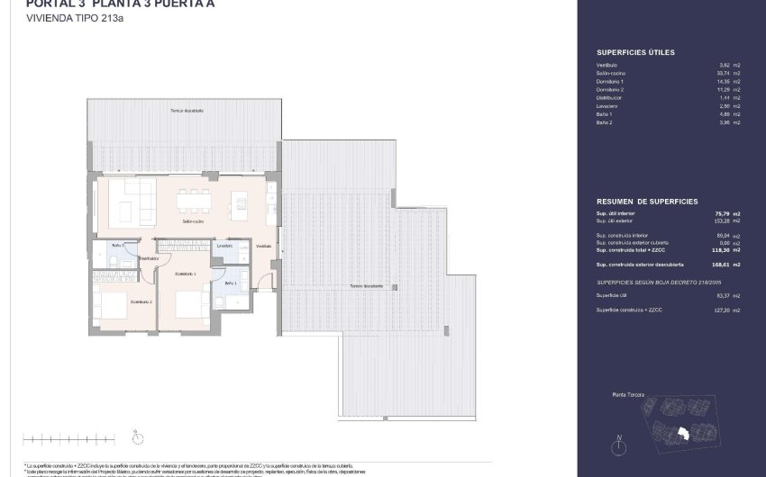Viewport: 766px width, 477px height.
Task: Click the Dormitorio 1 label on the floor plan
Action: (185, 274)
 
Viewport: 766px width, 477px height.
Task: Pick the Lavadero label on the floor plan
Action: (225, 245)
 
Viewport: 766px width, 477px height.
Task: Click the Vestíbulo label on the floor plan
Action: (263, 246)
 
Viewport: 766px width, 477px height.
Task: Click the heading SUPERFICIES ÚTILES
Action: (635, 53)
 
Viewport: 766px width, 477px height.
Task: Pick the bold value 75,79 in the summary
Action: (720, 213)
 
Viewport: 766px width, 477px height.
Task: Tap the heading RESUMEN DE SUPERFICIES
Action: (646, 202)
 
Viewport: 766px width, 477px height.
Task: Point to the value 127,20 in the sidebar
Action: (720, 310)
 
